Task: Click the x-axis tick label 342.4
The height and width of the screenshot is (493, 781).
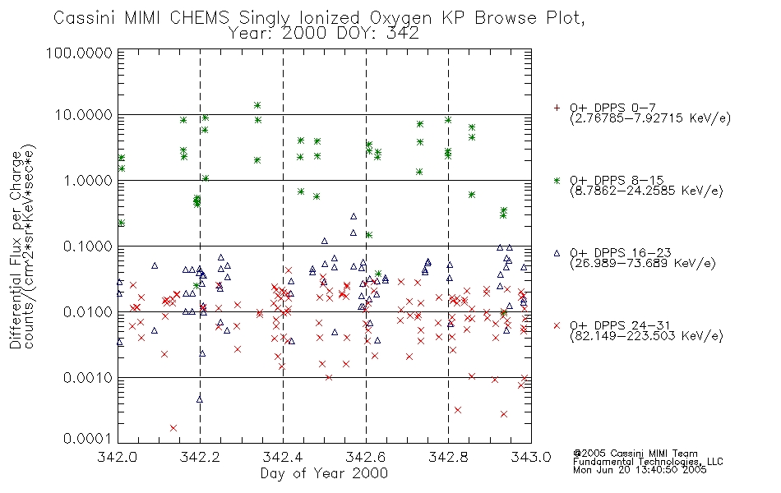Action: tap(283, 457)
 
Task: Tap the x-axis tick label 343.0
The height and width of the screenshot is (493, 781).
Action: tap(531, 457)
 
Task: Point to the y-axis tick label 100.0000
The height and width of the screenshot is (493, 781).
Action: tap(79, 53)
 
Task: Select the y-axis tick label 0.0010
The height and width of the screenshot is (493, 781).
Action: tap(88, 378)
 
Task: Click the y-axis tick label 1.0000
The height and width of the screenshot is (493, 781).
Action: tap(88, 180)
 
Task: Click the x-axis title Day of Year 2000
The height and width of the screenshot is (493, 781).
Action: tap(324, 473)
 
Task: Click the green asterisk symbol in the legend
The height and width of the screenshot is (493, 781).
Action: tap(557, 180)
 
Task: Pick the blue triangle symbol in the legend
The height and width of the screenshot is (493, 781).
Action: tap(557, 253)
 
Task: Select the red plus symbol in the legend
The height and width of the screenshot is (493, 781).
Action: tap(557, 108)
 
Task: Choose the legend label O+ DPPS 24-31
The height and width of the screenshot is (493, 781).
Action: tap(621, 325)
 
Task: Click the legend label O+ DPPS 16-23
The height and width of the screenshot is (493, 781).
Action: tap(621, 253)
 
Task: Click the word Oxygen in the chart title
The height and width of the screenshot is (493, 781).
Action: tap(400, 18)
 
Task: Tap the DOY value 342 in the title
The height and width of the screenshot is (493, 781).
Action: tap(403, 34)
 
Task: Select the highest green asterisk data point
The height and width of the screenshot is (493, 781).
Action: tap(257, 105)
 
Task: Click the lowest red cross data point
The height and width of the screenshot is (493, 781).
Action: tap(173, 428)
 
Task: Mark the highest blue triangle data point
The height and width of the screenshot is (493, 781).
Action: tap(354, 216)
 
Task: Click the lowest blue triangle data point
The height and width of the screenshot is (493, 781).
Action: tap(200, 399)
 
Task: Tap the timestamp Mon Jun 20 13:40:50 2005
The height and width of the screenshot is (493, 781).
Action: tap(640, 470)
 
